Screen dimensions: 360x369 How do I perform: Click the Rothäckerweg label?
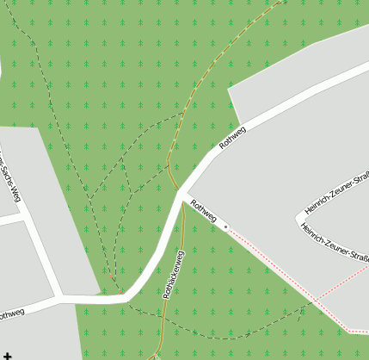click(x=174, y=274)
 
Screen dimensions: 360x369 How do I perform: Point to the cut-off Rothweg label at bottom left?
click(x=11, y=314)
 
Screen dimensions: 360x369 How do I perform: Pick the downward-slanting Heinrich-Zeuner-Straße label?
click(x=335, y=240)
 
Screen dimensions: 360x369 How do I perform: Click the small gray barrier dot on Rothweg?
click(x=226, y=227)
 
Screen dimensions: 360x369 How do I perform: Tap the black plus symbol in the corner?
click(x=8, y=354)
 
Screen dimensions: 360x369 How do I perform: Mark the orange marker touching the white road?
click(x=112, y=277)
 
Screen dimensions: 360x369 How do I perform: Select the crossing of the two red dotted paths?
click(x=316, y=301)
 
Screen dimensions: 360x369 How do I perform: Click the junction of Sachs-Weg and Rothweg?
click(x=58, y=299)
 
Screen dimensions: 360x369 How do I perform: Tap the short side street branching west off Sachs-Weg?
click(x=10, y=220)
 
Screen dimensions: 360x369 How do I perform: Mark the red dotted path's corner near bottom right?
click(x=348, y=330)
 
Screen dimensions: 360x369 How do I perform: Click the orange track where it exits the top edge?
click(x=282, y=2)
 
